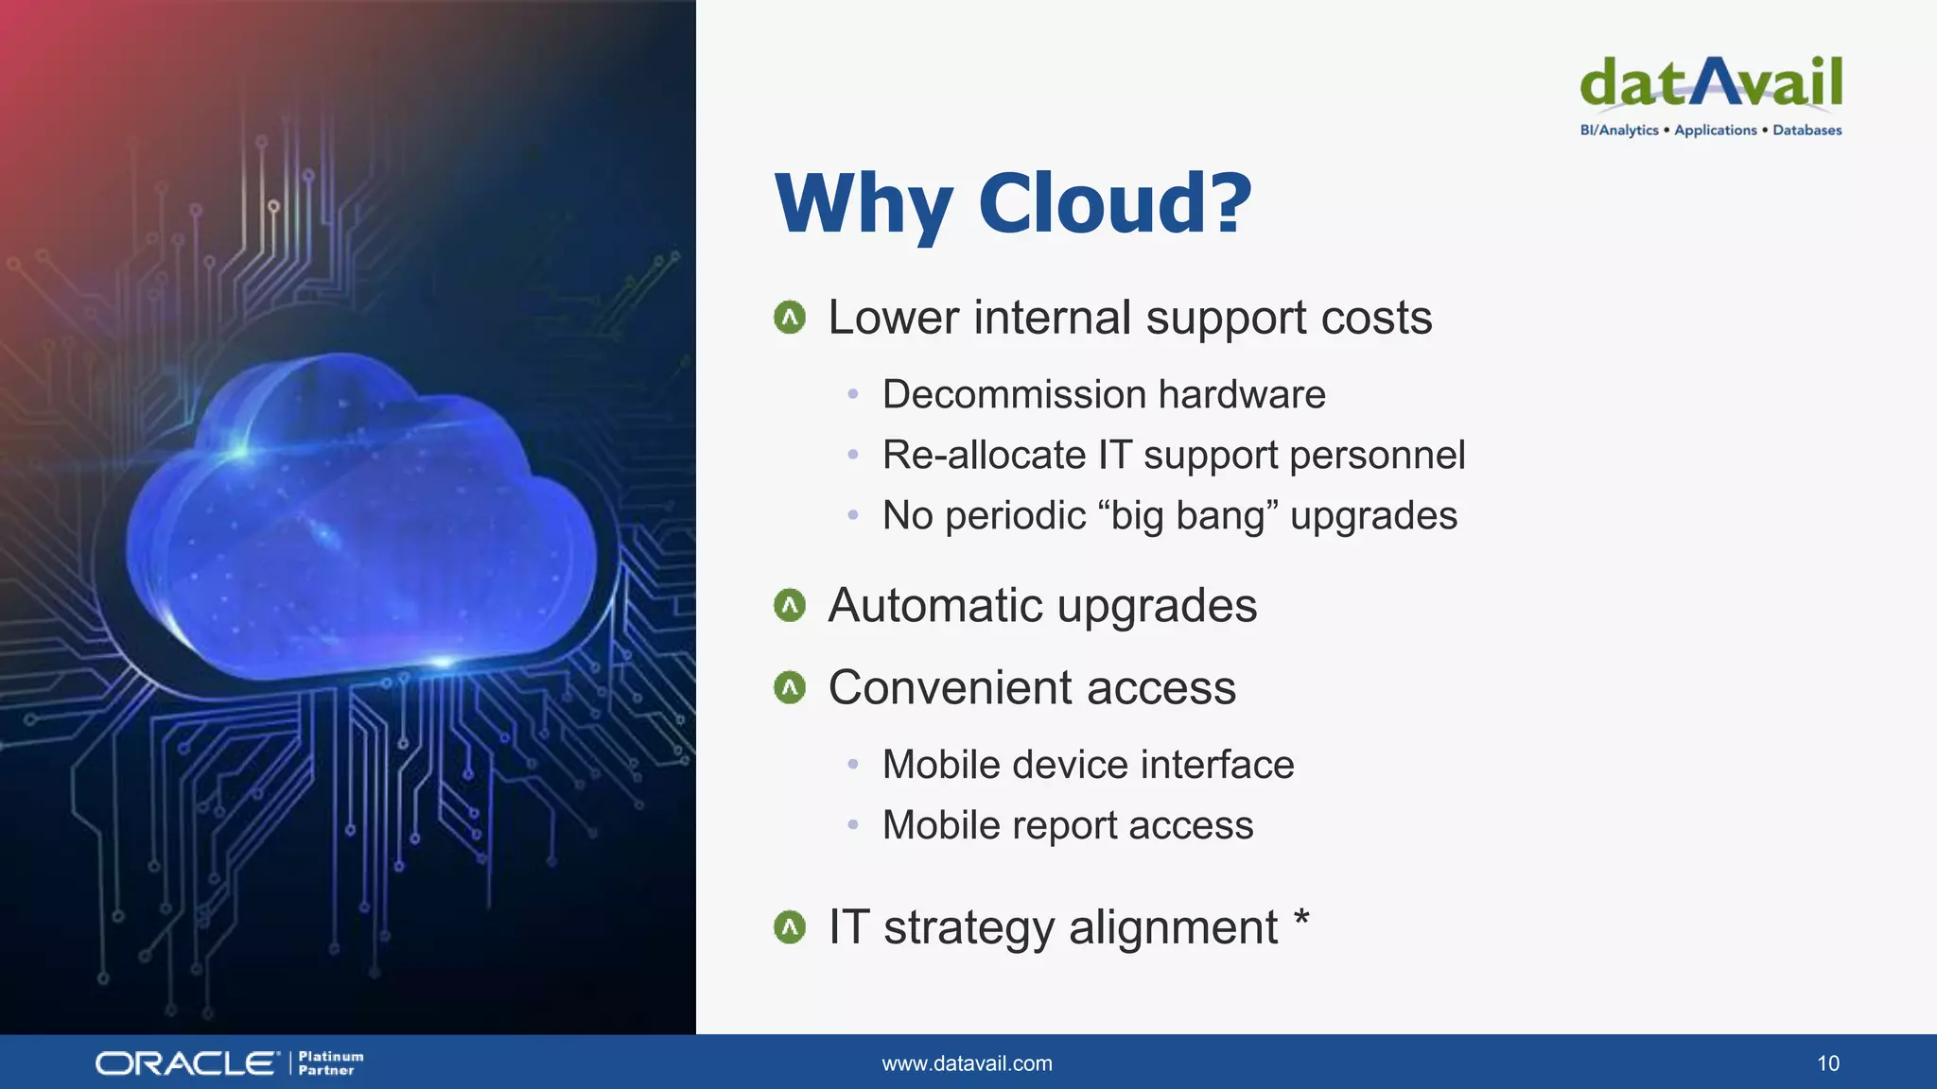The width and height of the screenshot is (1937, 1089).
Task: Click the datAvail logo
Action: [x=1710, y=83]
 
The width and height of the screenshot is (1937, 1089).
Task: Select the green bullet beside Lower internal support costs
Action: [x=790, y=318]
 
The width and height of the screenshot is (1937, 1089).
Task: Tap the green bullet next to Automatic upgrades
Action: [x=790, y=605]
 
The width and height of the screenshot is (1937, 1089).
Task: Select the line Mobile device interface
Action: [x=1088, y=765]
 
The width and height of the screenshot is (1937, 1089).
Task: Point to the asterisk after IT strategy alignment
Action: [x=1302, y=918]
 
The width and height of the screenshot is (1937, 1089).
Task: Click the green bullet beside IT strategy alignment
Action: [x=790, y=927]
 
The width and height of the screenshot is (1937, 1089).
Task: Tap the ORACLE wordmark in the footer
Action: [x=186, y=1063]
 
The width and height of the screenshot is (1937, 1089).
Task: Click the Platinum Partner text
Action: [x=330, y=1063]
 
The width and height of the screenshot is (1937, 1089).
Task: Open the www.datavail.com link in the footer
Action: [x=967, y=1063]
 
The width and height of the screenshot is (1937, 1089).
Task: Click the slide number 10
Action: [x=1827, y=1063]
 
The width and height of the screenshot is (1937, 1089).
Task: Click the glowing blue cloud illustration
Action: [x=359, y=520]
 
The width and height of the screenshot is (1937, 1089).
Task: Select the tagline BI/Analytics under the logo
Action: [x=1618, y=130]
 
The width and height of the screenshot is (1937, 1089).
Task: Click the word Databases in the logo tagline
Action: [x=1806, y=130]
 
